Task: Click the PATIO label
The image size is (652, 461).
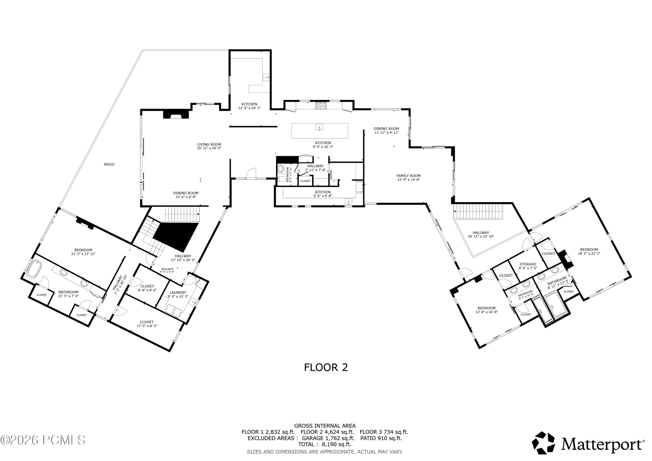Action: tap(109, 165)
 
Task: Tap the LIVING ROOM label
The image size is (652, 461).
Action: tap(209, 144)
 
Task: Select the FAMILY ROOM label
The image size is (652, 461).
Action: tap(408, 176)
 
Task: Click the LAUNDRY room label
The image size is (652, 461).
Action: tap(178, 293)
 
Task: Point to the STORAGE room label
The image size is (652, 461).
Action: tap(528, 264)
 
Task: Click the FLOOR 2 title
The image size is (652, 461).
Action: tap(326, 367)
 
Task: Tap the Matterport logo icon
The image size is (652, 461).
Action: tap(543, 443)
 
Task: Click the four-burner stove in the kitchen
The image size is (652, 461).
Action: tap(321, 106)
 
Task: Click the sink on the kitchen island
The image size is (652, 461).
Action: tap(319, 127)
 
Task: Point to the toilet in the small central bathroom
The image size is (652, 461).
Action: tap(282, 179)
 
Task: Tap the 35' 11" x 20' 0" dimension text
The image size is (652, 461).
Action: tap(209, 148)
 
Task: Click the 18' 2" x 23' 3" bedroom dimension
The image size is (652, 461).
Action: tap(589, 253)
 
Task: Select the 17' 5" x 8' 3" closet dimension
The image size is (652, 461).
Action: tap(147, 326)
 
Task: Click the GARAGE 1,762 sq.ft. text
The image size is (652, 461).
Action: tap(328, 438)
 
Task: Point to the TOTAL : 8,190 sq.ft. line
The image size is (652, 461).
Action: tap(324, 444)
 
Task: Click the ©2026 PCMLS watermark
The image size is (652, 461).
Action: tap(43, 440)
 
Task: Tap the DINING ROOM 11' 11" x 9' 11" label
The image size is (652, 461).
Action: tap(386, 131)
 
